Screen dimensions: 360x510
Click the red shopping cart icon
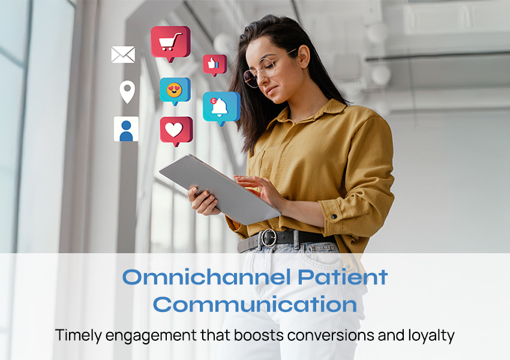pos(170,42)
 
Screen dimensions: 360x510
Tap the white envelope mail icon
pos(123,55)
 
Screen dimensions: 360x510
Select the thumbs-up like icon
pos(214,64)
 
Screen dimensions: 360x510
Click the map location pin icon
pos(127,92)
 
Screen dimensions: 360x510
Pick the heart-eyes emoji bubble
pos(175,90)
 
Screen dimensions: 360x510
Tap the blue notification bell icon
pos(221,106)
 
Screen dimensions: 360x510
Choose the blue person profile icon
pos(126,129)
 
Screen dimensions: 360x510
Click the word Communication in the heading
pos(255,304)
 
